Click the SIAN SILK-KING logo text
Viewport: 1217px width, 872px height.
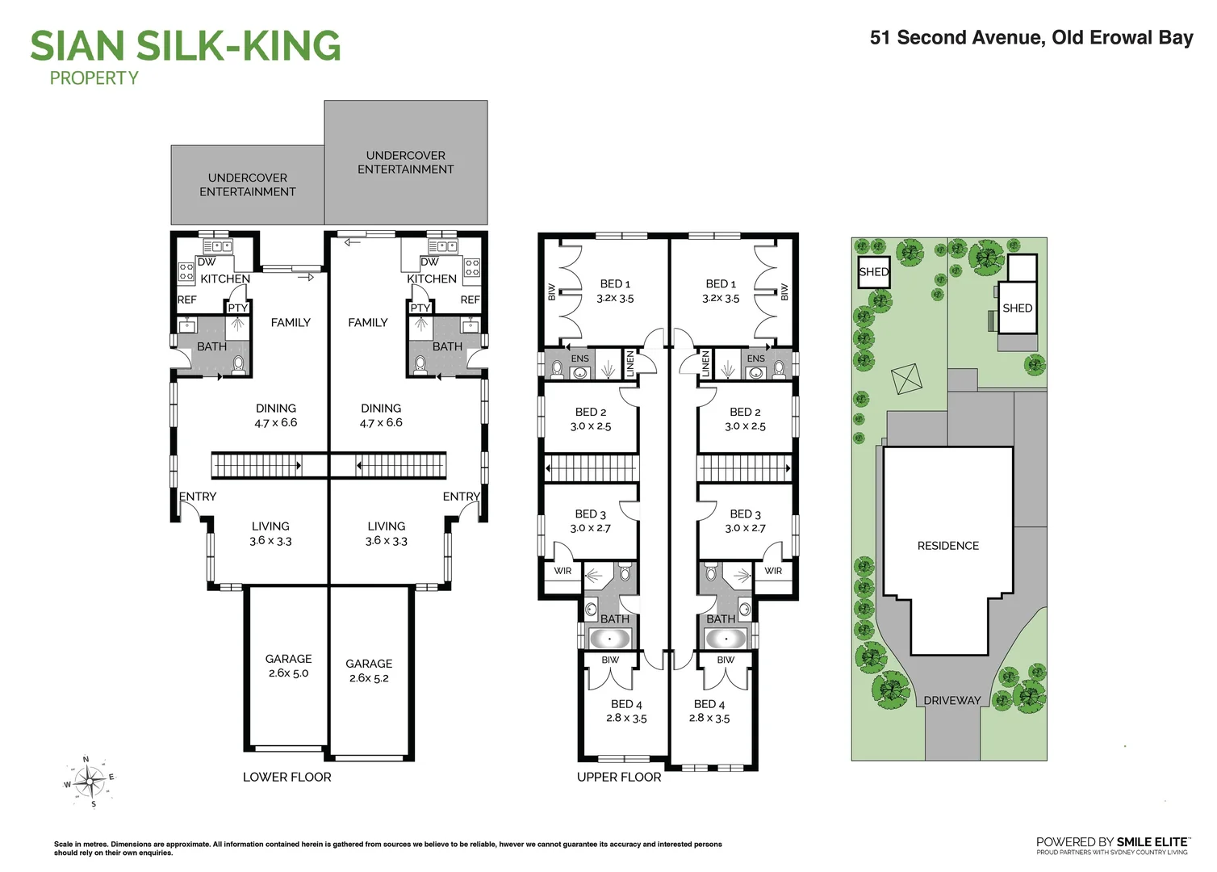(186, 46)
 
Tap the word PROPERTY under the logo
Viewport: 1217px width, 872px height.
(94, 78)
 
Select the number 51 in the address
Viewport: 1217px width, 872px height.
(880, 38)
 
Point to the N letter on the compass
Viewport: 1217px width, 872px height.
(86, 760)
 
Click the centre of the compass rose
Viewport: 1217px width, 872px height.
(90, 781)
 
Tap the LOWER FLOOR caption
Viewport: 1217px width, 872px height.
(286, 777)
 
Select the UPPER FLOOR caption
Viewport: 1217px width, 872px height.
(619, 777)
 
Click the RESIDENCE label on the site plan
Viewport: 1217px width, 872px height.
(947, 546)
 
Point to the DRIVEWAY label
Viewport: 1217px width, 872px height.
(951, 700)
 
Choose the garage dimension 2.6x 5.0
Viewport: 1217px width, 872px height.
(288, 673)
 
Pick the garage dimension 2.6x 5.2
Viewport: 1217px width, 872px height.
(369, 678)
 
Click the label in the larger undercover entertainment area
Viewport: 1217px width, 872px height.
(406, 162)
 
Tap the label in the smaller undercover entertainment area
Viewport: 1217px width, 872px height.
(248, 185)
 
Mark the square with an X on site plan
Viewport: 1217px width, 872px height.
(905, 379)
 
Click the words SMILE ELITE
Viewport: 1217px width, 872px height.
(1152, 841)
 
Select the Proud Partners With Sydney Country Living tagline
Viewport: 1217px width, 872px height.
(1112, 852)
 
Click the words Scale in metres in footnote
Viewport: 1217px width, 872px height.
(80, 845)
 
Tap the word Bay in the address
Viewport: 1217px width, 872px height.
(1176, 38)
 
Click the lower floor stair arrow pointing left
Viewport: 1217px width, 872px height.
(360, 466)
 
